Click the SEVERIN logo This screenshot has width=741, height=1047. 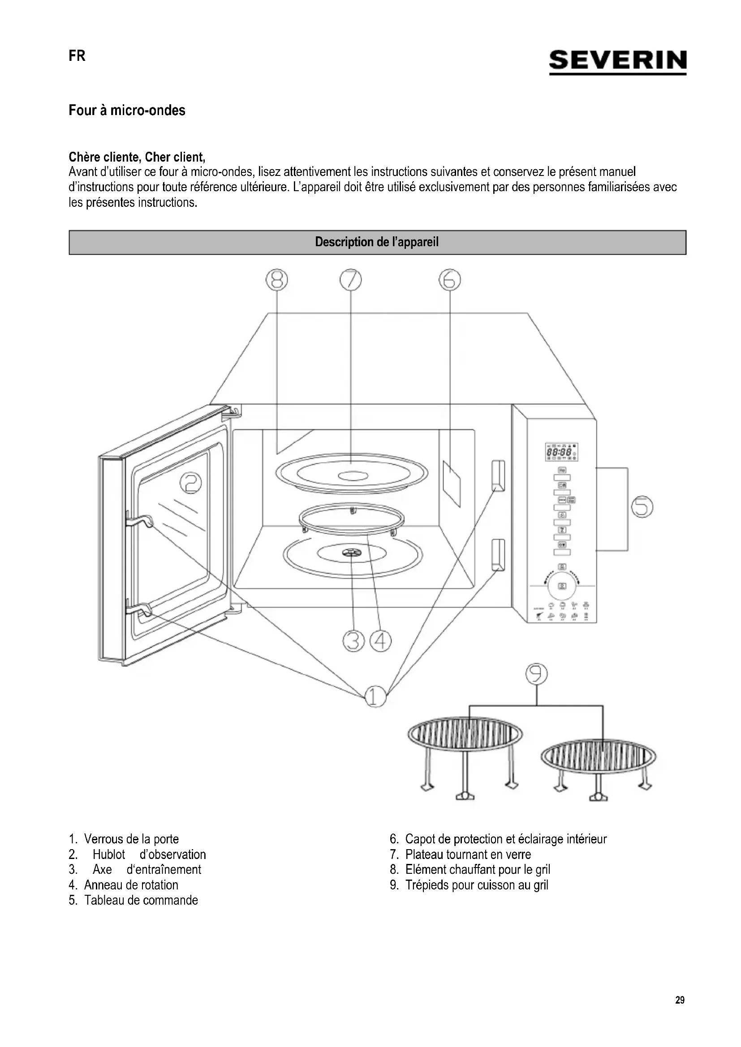tap(617, 60)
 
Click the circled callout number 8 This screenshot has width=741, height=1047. tap(277, 280)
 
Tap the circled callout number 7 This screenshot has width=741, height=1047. tap(350, 280)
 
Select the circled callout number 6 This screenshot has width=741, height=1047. tap(449, 280)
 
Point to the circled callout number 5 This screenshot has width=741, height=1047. tap(642, 507)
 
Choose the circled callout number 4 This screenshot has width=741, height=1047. tap(380, 641)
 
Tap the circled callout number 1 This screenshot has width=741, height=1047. tap(375, 697)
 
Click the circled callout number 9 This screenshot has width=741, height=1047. tap(536, 674)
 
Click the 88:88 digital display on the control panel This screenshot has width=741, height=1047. tap(559, 453)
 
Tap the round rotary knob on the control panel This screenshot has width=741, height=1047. tap(562, 586)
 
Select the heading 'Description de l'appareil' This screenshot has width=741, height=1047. tap(377, 242)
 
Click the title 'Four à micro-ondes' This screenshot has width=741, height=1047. tap(127, 111)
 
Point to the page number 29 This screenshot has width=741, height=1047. tap(680, 1000)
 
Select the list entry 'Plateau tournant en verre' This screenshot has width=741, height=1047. tap(468, 854)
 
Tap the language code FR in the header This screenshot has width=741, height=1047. tap(77, 56)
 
